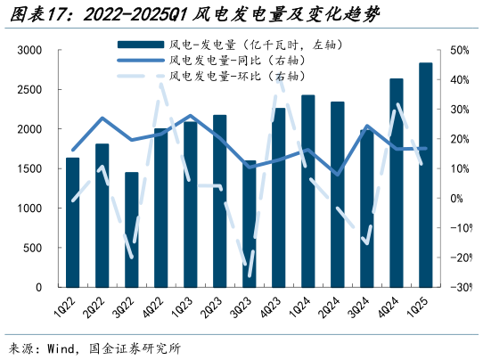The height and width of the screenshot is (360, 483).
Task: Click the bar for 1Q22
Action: pos(73,223)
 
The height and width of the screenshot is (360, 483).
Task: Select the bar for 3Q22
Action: pos(132,230)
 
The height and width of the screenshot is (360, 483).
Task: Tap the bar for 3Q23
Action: pos(250,224)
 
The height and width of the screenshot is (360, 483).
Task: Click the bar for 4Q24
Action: pos(397,183)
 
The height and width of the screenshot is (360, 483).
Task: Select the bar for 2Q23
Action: pos(220,200)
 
